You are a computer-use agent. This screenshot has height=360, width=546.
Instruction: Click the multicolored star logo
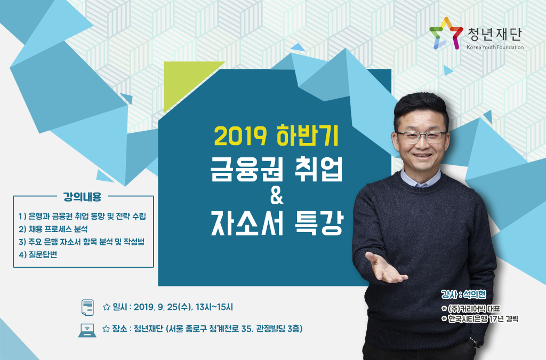click(446, 34)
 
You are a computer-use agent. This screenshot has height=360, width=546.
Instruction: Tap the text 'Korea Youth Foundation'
click(495, 47)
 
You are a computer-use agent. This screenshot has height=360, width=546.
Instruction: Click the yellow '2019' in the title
click(240, 136)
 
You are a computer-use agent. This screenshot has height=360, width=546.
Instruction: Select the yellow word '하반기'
click(307, 135)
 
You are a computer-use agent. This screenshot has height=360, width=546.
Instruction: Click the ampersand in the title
click(277, 196)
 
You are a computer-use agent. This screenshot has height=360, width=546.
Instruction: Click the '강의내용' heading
click(82, 197)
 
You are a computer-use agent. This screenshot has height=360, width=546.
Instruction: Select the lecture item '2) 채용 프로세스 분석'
click(53, 229)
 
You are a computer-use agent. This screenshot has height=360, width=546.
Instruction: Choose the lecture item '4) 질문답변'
click(38, 255)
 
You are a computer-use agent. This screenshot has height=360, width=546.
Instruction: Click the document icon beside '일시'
click(87, 307)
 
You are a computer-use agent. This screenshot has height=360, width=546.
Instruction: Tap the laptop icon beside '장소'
click(87, 331)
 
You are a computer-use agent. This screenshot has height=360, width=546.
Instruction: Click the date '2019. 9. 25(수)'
click(162, 307)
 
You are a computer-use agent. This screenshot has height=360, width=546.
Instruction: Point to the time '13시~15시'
click(214, 307)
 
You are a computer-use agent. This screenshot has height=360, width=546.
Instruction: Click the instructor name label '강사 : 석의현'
click(463, 294)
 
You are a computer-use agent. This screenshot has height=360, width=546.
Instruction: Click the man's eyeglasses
click(422, 137)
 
